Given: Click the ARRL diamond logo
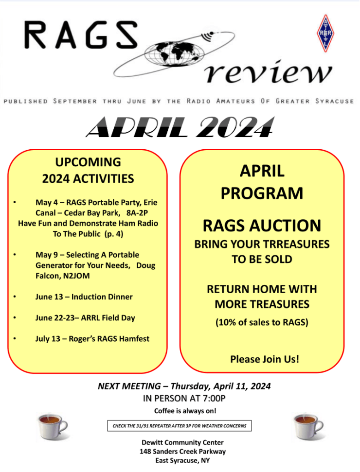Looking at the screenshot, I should coord(325,33).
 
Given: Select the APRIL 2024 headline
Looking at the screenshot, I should coord(180,128).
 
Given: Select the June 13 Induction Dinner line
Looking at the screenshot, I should coord(84,297).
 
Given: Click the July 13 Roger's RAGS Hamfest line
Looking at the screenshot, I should coord(92,339).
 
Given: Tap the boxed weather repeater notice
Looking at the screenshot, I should coord(179,426).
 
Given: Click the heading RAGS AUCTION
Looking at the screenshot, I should coord(262,226).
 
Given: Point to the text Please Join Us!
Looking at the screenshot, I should coord(264,360).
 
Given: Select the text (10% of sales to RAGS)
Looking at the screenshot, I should coord(262,322).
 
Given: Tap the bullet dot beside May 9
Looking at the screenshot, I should coord(15,255).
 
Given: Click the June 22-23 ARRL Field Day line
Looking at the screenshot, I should coord(85,318).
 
